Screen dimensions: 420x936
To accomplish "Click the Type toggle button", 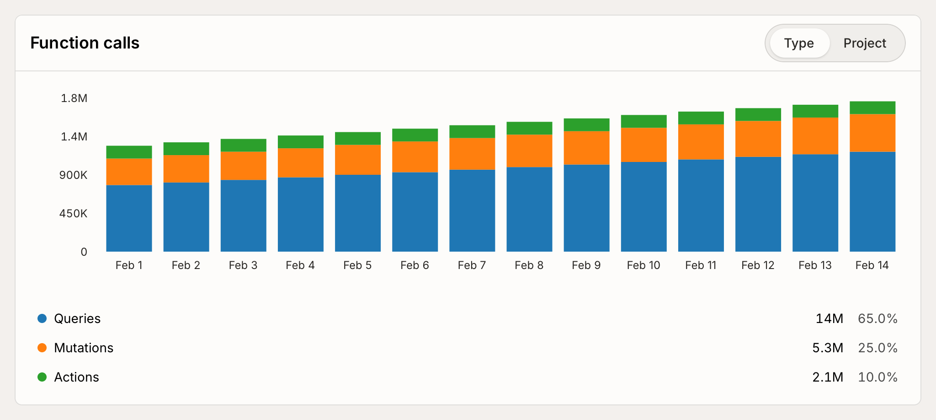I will [x=799, y=43].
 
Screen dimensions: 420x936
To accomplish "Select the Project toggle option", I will [x=864, y=43].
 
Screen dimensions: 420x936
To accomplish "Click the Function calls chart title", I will [x=85, y=43].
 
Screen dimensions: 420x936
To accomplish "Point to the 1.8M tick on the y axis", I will [x=74, y=98].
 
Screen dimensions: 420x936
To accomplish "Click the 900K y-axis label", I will [x=73, y=175].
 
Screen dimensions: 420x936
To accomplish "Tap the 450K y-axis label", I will [x=73, y=214].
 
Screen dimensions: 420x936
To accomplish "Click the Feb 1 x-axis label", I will [x=129, y=265].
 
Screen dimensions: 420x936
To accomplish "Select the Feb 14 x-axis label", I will [x=872, y=265].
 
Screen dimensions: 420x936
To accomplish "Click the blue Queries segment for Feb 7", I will [x=472, y=210].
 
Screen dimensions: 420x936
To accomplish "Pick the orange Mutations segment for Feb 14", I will [x=872, y=133].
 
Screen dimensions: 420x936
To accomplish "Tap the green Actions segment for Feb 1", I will [x=129, y=152].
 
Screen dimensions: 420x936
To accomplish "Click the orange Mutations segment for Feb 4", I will [x=301, y=162].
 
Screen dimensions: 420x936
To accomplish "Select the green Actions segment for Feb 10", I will [x=643, y=121].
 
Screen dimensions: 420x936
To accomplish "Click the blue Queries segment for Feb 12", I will [x=758, y=204].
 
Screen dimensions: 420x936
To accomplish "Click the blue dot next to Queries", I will [x=42, y=318].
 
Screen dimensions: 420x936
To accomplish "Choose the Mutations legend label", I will [x=84, y=348].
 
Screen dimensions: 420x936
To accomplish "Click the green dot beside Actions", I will [x=42, y=377].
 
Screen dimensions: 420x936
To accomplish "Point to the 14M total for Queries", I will [x=829, y=318].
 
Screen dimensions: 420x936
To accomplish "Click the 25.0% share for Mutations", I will [x=877, y=348].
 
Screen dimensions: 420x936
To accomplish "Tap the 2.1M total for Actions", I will [x=828, y=377].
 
